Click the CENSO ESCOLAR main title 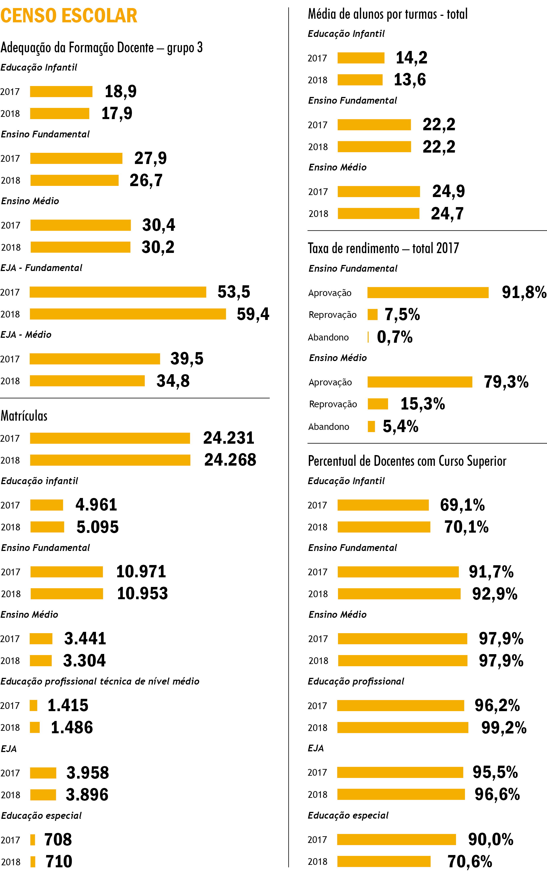(x=69, y=16)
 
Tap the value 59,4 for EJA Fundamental (x=253, y=314)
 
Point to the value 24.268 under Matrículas (x=230, y=460)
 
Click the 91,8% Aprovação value (x=524, y=292)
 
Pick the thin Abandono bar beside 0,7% (x=368, y=337)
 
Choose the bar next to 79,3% (x=420, y=382)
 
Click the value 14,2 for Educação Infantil (x=411, y=57)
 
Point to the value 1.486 (x=72, y=727)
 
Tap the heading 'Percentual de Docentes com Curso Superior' (x=407, y=461)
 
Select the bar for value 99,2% (x=403, y=727)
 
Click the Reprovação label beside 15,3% (x=333, y=404)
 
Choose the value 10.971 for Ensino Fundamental (x=141, y=571)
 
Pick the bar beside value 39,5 (x=95, y=359)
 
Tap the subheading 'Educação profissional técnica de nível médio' (x=100, y=681)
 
